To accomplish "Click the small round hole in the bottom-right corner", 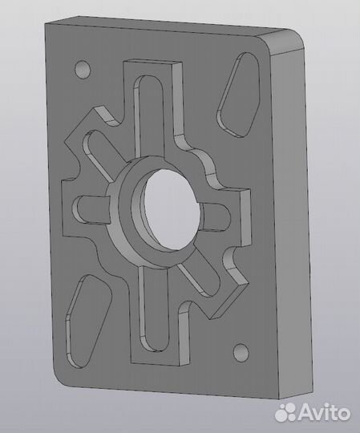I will coord(239,351).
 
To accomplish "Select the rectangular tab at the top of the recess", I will coord(152,67).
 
